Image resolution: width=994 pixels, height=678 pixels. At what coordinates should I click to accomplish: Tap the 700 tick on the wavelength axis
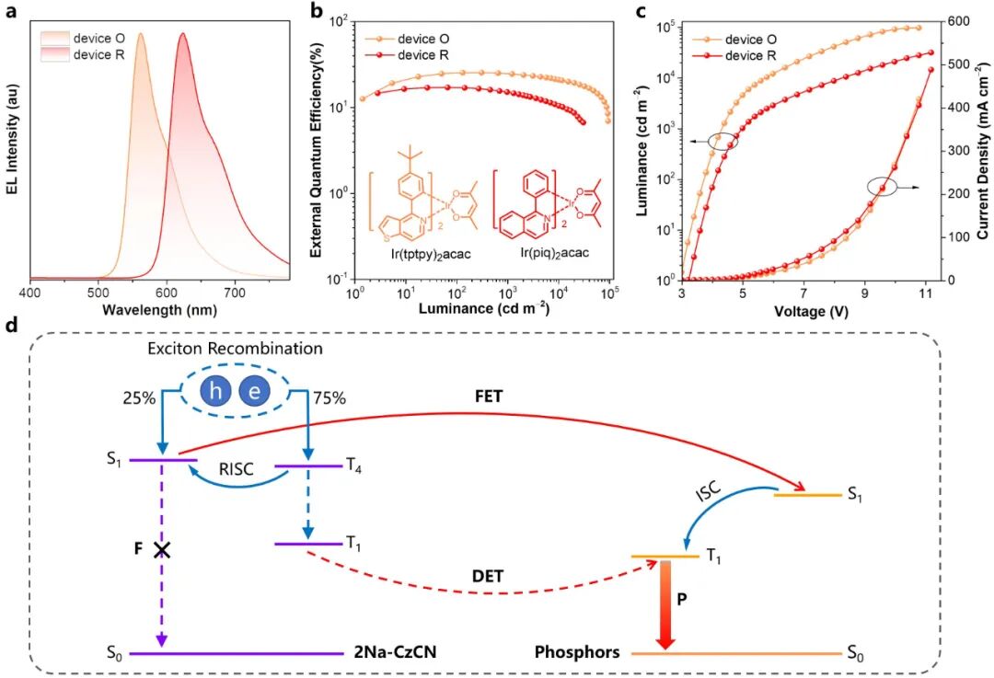pos(235,292)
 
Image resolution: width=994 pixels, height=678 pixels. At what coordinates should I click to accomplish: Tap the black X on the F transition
pos(163,550)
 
